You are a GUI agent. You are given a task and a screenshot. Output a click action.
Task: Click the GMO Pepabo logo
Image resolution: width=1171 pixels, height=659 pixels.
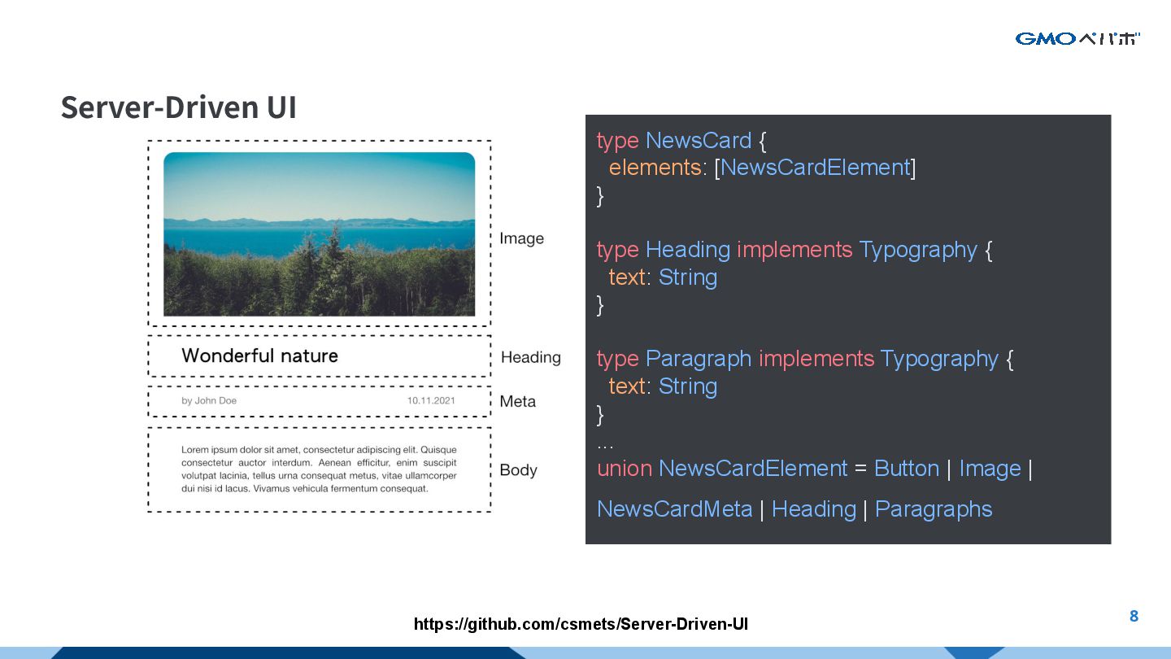[x=1077, y=38]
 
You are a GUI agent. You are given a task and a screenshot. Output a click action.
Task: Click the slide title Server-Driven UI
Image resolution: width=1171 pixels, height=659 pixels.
[x=179, y=107]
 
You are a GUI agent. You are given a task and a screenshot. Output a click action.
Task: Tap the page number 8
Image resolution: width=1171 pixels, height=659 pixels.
[x=1134, y=616]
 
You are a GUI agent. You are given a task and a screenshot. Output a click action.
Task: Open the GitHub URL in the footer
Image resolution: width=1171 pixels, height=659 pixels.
[x=581, y=624]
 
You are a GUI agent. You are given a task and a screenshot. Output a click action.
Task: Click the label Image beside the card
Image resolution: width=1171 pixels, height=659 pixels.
[x=521, y=238]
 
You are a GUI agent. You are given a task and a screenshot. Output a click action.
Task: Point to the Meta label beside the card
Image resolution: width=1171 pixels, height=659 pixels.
[x=517, y=401]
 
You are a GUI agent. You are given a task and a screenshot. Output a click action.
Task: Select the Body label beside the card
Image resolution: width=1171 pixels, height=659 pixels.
[x=518, y=470]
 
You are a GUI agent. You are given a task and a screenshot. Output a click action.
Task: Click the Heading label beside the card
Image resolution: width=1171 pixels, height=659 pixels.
[x=530, y=357]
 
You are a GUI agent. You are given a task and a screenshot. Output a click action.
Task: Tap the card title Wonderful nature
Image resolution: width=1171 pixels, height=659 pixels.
[x=259, y=356]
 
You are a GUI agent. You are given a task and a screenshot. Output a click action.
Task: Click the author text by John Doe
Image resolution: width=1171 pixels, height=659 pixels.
[x=209, y=400]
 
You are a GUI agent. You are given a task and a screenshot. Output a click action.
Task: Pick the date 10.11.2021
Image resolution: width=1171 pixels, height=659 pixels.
[x=431, y=400]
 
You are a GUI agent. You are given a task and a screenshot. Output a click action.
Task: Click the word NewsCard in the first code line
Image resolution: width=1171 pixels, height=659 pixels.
[x=698, y=140]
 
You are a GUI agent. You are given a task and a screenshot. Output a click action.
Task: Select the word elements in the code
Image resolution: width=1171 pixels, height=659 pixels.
[x=655, y=168]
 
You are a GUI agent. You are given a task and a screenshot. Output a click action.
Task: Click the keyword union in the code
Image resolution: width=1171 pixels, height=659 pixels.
[x=624, y=469]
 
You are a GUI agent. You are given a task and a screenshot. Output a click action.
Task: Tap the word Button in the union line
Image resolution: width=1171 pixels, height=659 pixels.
[x=906, y=469]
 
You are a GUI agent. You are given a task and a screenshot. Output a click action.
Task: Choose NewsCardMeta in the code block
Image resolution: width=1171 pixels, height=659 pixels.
[x=674, y=509]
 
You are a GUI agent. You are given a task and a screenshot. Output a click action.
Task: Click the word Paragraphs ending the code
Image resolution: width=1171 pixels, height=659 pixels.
[x=933, y=509]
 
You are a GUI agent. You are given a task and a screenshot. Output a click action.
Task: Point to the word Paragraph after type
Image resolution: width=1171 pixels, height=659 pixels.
[x=698, y=359]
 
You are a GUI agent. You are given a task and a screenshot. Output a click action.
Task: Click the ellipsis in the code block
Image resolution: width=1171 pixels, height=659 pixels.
[x=605, y=445]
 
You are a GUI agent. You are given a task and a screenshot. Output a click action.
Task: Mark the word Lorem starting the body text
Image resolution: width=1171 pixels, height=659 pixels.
[x=195, y=450]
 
